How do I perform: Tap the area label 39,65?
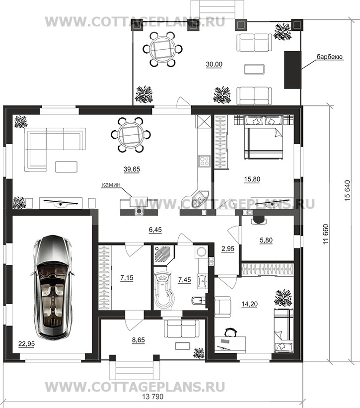pos(132,169)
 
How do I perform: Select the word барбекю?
pos(329,57)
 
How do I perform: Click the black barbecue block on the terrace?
pos(292,70)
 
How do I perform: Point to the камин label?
pos(111,184)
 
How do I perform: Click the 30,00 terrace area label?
pos(214,64)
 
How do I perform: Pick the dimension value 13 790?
pos(153,397)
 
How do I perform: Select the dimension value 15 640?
pos(348,190)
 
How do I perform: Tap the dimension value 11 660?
pos(326,234)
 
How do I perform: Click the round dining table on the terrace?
pos(162,49)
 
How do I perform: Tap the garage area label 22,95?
pos(26,344)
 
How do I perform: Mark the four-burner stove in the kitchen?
pos(204,161)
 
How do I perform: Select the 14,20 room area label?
pos(250,304)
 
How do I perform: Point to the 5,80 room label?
pos(266,240)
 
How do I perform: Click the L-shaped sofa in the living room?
pos(55,150)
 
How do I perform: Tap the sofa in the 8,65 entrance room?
pos(182,328)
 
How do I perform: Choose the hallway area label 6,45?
pos(155,230)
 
